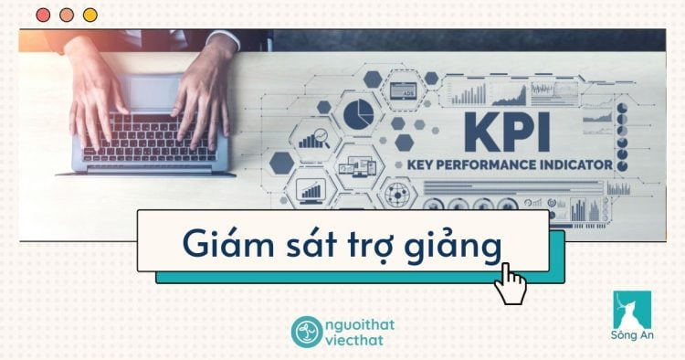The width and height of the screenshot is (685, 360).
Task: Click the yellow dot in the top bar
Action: [x=90, y=15]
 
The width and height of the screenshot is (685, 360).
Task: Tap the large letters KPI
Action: [x=508, y=132]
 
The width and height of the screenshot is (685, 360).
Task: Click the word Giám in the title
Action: [x=219, y=242]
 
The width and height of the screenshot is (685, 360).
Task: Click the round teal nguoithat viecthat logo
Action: [x=306, y=331]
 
